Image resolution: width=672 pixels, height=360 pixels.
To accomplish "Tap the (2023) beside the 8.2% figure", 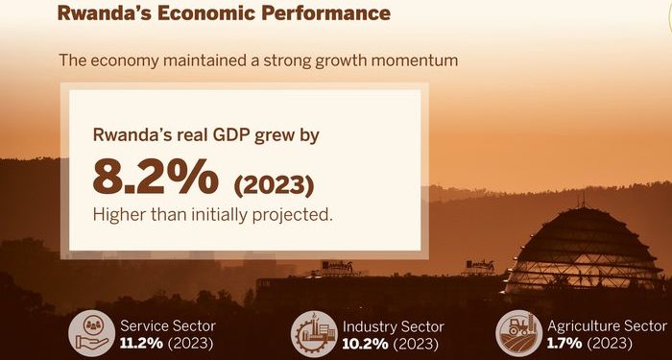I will click(274, 182).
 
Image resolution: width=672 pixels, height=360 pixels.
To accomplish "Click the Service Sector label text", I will click(168, 326).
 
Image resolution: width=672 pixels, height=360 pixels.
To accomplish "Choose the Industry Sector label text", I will click(393, 326).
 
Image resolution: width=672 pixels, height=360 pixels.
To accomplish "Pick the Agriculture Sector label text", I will click(607, 326).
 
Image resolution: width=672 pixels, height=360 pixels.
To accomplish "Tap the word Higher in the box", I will click(117, 214).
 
